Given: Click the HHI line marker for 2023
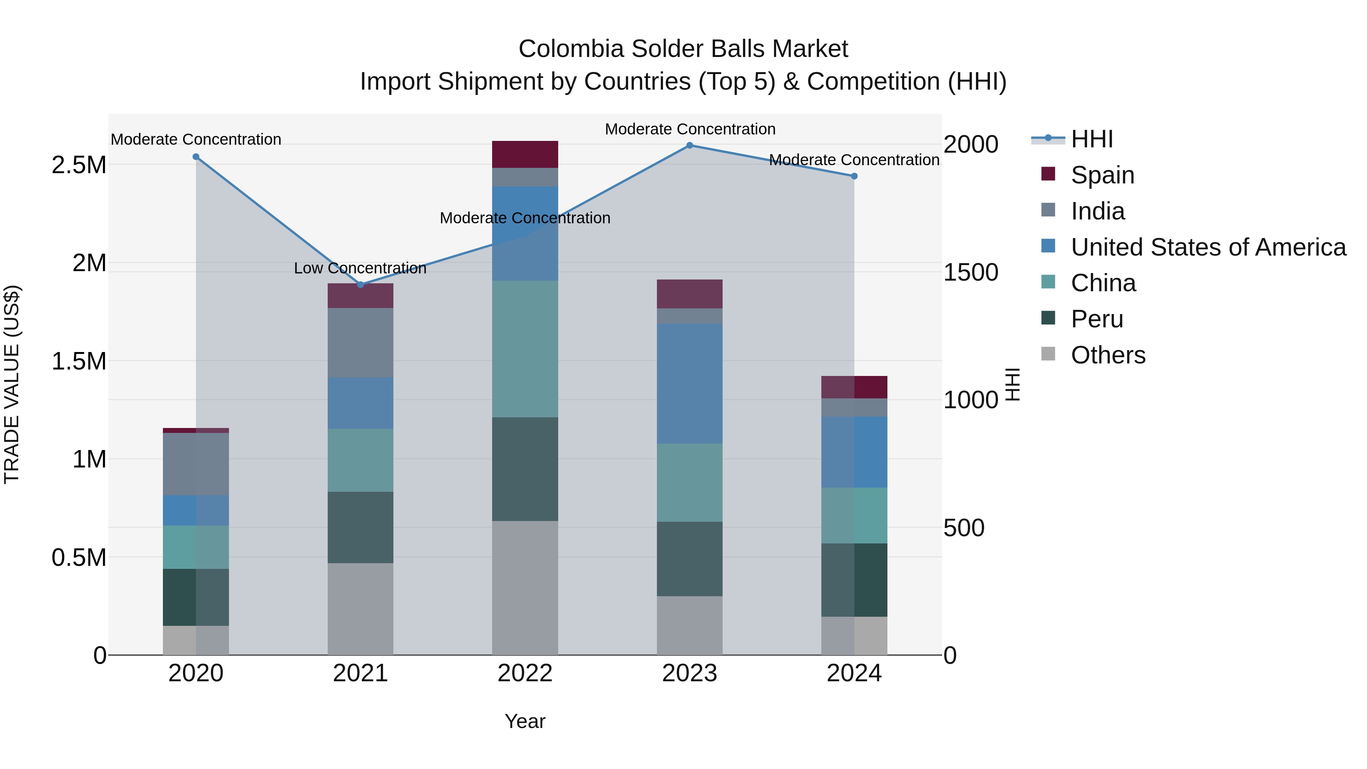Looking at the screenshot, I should pyautogui.click(x=689, y=145).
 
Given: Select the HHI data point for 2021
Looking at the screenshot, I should pyautogui.click(x=360, y=284).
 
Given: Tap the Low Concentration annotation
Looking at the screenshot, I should pyautogui.click(x=360, y=268).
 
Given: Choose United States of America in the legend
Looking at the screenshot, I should pyautogui.click(x=1208, y=247).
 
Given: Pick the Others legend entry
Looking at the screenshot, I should pyautogui.click(x=1108, y=355).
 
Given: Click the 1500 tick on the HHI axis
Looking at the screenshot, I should pyautogui.click(x=971, y=272).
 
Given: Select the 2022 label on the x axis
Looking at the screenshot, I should pyautogui.click(x=525, y=673).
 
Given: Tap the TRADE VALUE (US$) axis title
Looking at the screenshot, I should pyautogui.click(x=12, y=384).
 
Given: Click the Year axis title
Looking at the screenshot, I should pyautogui.click(x=525, y=721).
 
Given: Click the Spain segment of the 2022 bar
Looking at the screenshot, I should pyautogui.click(x=525, y=155).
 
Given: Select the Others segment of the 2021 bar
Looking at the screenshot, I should pyautogui.click(x=360, y=609).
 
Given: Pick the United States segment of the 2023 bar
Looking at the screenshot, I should pyautogui.click(x=689, y=383).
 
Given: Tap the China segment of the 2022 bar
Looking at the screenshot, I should pyautogui.click(x=525, y=349).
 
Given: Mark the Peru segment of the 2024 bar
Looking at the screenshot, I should pyautogui.click(x=854, y=580).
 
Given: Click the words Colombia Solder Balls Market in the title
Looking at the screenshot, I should pyautogui.click(x=683, y=49).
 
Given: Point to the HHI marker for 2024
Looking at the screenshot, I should pyautogui.click(x=854, y=176).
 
